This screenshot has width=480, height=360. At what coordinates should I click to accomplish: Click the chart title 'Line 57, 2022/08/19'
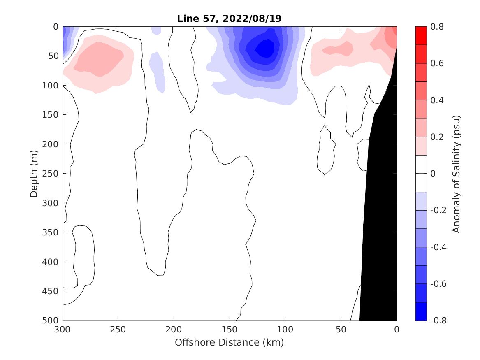click(x=229, y=19)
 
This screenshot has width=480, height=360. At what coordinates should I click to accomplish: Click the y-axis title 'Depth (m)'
click(x=34, y=173)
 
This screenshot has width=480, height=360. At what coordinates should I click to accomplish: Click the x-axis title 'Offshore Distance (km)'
click(x=229, y=342)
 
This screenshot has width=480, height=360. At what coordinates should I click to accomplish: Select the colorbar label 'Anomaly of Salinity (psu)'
click(x=456, y=174)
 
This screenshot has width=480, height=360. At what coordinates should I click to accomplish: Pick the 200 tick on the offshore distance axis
click(x=174, y=330)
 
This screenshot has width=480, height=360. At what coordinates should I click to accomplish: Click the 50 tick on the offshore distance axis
click(x=341, y=330)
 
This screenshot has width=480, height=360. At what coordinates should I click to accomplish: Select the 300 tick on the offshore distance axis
click(x=63, y=330)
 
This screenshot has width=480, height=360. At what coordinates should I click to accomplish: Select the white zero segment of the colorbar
click(x=421, y=174)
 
